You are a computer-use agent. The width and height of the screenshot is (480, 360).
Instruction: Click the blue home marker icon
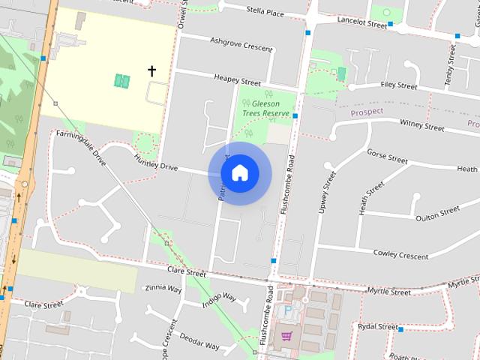pos(239,172)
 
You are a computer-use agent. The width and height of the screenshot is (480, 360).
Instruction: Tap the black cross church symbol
pos(151,71)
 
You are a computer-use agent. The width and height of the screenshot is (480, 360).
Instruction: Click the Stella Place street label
pos(265,12)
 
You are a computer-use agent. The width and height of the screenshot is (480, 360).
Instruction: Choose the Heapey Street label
pos(236,79)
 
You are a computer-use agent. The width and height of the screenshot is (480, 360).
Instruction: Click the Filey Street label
pos(398,85)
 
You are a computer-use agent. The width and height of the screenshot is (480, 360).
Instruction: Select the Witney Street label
pos(421,124)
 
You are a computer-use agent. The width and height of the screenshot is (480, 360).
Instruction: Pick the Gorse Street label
pos(387,156)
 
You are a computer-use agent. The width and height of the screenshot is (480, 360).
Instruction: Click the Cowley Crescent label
pos(400,254)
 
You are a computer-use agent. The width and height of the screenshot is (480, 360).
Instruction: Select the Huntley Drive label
pos(155,163)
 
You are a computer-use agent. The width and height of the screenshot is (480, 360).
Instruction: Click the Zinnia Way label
pos(163,287)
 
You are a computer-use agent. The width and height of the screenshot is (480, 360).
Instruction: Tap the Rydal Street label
pos(377,327)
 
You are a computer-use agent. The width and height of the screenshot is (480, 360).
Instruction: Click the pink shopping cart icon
pos(286,335)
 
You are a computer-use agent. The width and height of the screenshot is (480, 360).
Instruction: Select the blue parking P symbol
pos(287,310)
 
